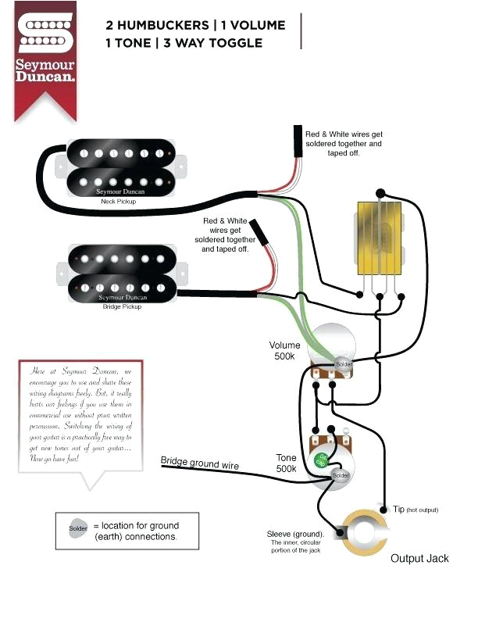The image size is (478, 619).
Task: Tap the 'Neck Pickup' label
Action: tap(118, 202)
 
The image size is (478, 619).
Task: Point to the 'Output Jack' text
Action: tap(419, 558)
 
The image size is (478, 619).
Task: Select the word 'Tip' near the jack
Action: tap(399, 509)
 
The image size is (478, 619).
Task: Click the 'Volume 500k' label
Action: tap(285, 352)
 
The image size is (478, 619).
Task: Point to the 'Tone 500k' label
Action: tap(286, 463)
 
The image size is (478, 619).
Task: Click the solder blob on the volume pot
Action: tap(344, 364)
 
